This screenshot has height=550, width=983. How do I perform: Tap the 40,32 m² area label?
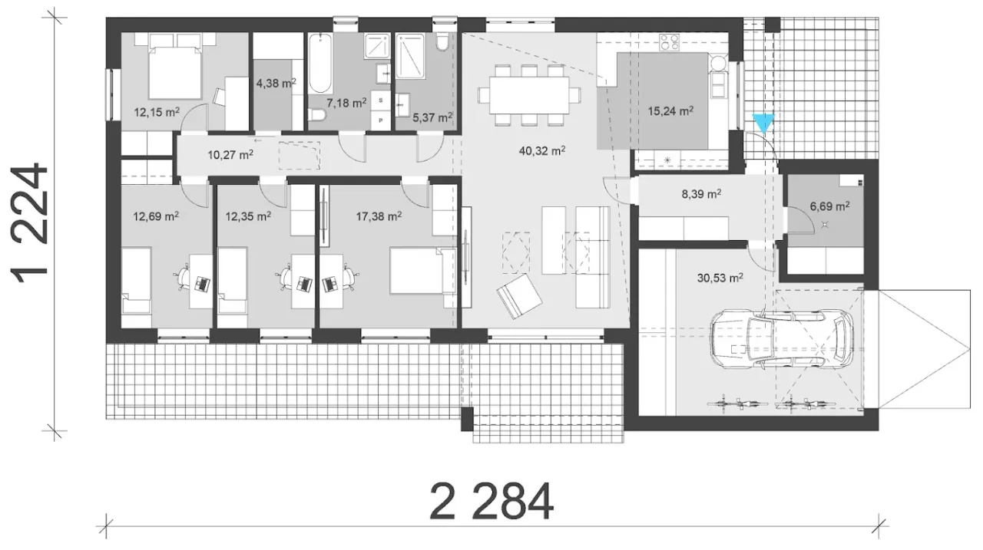(542, 151)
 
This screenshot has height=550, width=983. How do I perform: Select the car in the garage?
(782, 338)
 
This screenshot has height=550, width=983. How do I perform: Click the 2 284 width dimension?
(491, 502)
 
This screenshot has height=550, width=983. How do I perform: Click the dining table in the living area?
(529, 95)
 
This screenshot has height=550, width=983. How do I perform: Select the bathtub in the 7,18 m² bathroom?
(320, 63)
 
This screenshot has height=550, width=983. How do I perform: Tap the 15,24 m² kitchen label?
(670, 111)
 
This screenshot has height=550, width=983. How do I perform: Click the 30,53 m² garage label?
(720, 278)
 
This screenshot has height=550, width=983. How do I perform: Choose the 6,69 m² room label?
(830, 206)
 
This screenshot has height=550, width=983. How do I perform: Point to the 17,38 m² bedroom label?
(379, 216)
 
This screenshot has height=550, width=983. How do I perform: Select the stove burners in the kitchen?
(669, 42)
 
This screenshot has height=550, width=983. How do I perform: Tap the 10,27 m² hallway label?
(230, 155)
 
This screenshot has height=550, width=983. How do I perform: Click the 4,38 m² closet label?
(276, 83)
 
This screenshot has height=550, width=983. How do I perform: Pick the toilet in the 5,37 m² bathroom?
(442, 42)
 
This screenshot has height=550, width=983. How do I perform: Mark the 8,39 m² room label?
(701, 194)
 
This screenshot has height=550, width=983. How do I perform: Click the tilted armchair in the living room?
(518, 296)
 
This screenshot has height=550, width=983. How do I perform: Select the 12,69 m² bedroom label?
(156, 216)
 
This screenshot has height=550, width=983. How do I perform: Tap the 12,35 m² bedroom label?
(248, 216)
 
